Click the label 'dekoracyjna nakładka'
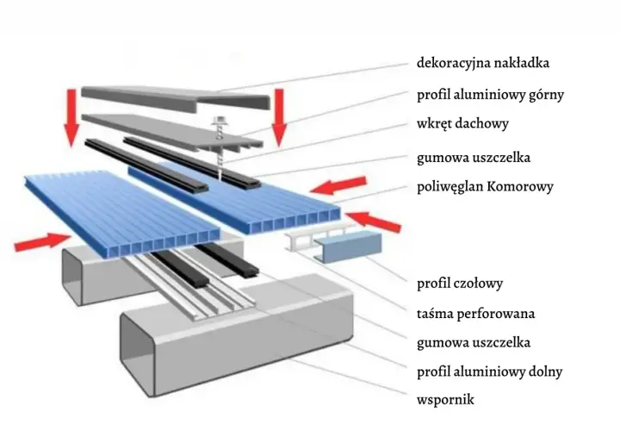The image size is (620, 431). tap(483, 63)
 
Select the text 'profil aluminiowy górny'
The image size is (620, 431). tap(490, 95)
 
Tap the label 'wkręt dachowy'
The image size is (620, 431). tap(462, 123)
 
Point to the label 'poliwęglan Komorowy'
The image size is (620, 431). tap(485, 186)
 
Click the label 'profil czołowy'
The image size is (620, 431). tap(460, 284)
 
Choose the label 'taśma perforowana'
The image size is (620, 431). tap(475, 314)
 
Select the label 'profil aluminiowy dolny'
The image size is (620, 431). tap(489, 372)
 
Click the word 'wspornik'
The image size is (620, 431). tap(445, 399)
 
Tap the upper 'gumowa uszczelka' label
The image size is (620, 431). tap(474, 158)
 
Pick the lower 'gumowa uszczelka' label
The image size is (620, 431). tap(474, 342)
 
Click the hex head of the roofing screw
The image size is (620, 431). tap(218, 121)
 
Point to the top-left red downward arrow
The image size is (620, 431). tap(71, 117)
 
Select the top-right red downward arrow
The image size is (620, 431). tap(279, 117)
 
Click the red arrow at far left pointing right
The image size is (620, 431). tap(43, 241)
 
